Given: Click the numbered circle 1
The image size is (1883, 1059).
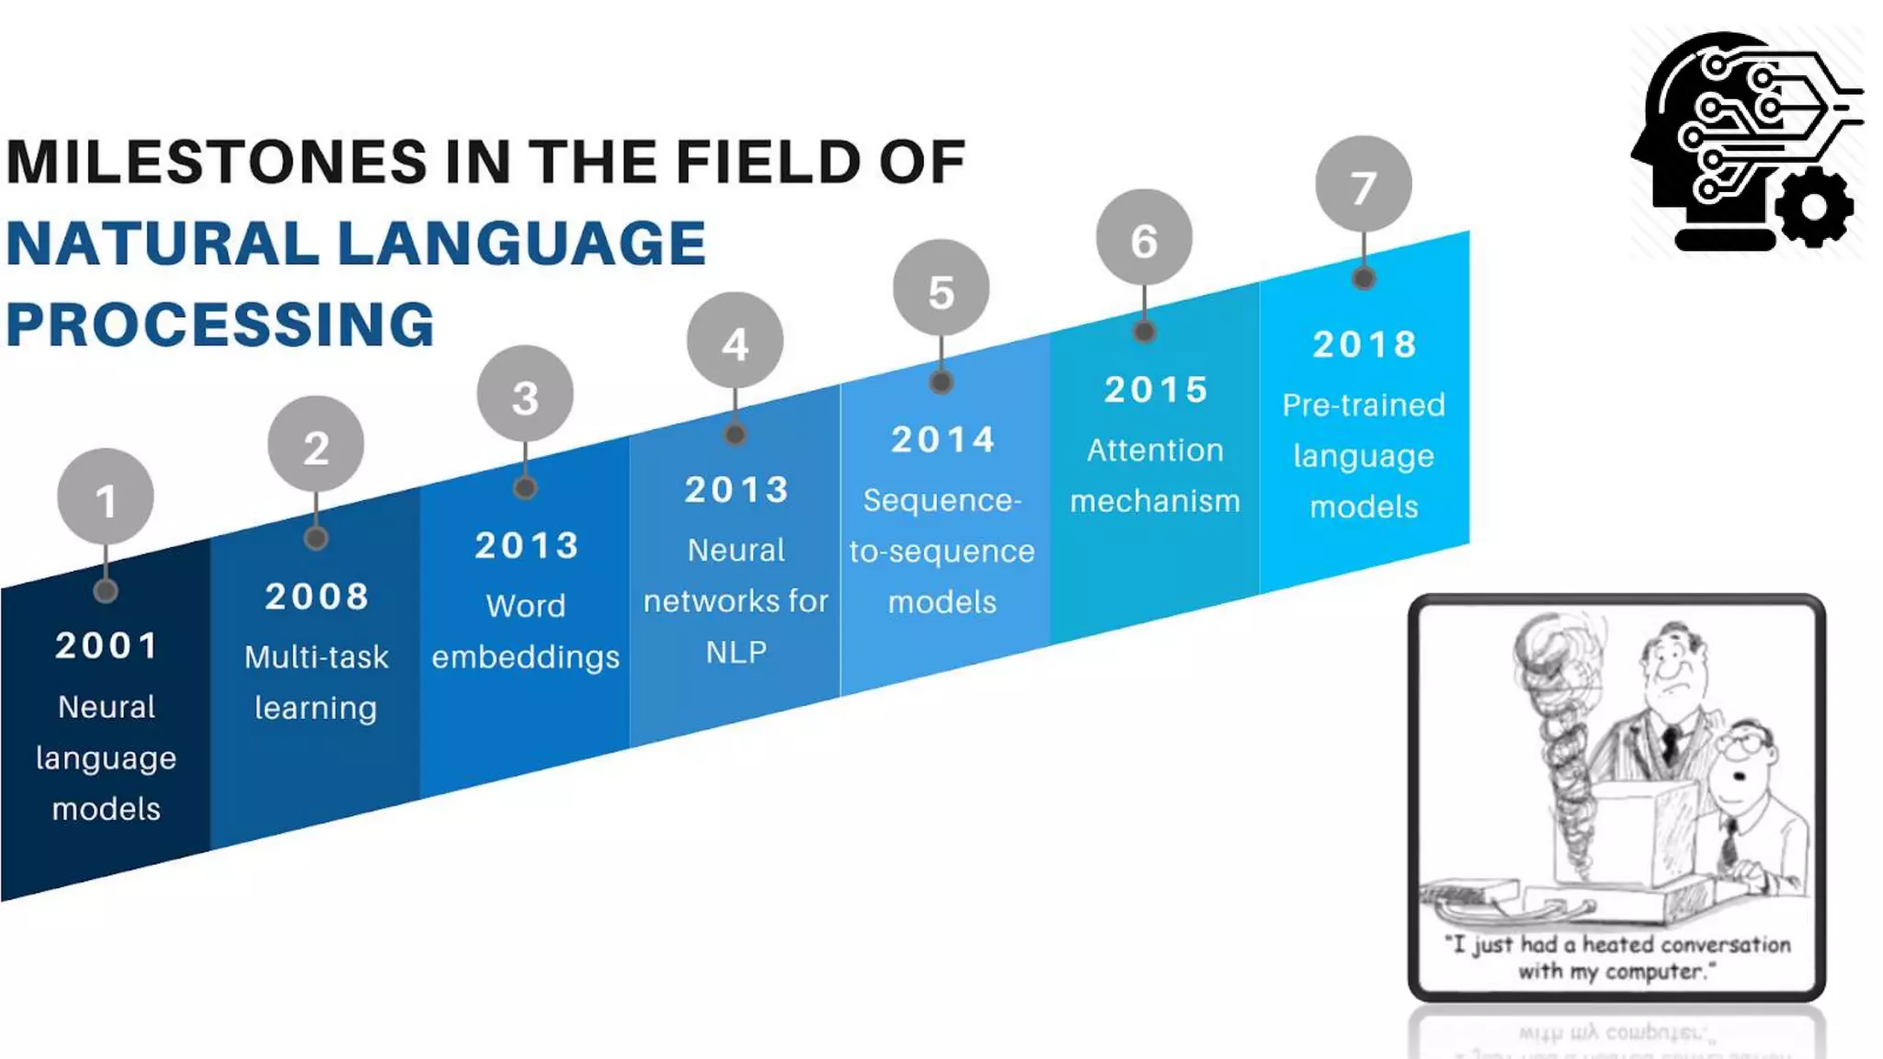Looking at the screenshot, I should tap(106, 497).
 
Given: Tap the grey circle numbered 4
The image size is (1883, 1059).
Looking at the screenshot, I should tap(735, 341).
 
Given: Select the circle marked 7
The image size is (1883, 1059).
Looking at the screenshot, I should tap(1364, 185).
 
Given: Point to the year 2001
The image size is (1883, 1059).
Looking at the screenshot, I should tap(107, 645).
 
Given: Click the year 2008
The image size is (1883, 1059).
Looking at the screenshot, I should tap(317, 597).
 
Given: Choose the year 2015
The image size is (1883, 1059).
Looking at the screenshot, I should tap(1156, 390).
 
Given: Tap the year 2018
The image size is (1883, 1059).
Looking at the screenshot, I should tap(1364, 345).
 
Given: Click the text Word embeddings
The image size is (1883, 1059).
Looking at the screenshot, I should tap(526, 631).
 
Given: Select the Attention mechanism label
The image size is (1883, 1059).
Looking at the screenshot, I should tap(1156, 475).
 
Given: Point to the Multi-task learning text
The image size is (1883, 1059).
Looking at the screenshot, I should tap(316, 682).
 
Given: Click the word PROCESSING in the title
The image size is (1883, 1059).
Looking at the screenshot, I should tap(221, 325).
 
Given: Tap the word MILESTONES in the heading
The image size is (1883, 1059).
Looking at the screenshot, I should tap(217, 163).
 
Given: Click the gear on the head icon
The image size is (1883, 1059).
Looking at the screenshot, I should tap(1813, 208).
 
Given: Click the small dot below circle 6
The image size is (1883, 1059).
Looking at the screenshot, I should tap(1144, 331).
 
